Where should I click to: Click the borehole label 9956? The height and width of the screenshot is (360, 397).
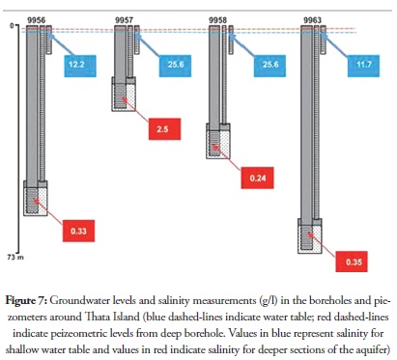pyautogui.click(x=36, y=20)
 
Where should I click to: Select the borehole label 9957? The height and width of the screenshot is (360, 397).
pyautogui.click(x=124, y=20)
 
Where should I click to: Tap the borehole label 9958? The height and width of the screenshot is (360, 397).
pyautogui.click(x=217, y=20)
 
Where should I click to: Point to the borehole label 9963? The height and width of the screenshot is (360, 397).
pyautogui.click(x=312, y=20)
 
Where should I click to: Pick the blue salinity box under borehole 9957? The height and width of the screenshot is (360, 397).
pyautogui.click(x=175, y=66)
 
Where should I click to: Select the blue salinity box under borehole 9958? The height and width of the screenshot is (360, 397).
pyautogui.click(x=269, y=66)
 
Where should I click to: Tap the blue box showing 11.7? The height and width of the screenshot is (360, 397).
pyautogui.click(x=363, y=66)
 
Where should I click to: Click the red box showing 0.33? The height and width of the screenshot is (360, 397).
pyautogui.click(x=78, y=231)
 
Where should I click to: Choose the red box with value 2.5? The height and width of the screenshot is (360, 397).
pyautogui.click(x=164, y=129)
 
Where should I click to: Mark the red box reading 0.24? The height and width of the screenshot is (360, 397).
pyautogui.click(x=258, y=178)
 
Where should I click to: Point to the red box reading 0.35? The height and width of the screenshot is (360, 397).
pyautogui.click(x=352, y=262)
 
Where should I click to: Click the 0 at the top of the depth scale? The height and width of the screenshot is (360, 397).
pyautogui.click(x=12, y=25)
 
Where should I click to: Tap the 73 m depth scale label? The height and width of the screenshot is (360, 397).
pyautogui.click(x=15, y=257)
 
